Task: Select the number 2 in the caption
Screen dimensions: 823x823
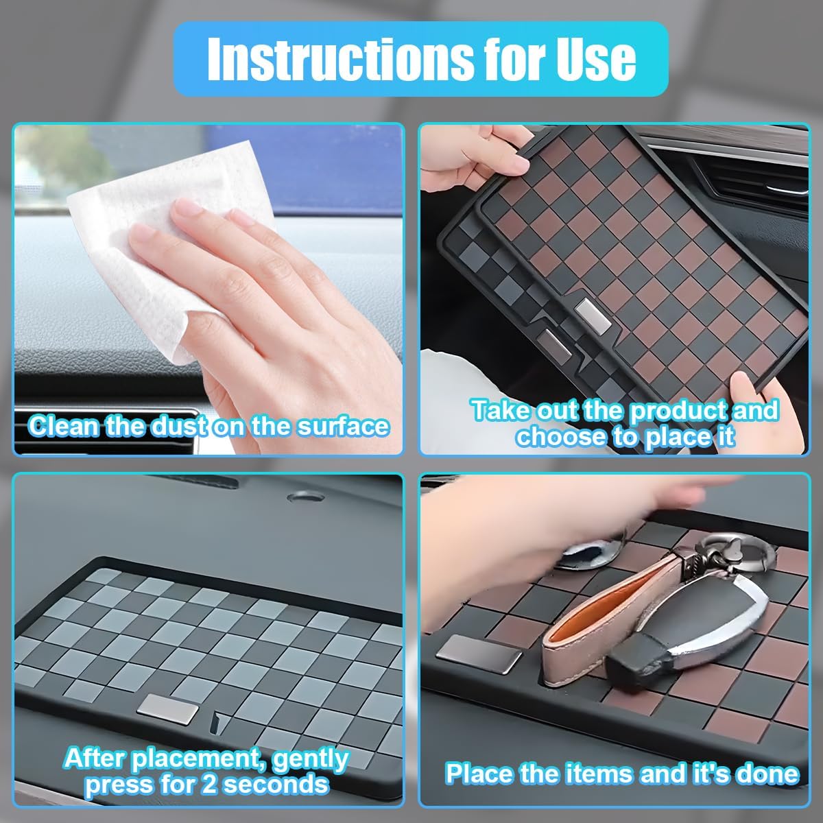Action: [x=209, y=784]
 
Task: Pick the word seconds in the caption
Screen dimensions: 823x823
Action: [x=276, y=784]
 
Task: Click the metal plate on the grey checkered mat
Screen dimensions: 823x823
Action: [x=168, y=709]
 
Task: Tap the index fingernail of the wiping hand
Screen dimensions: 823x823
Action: [x=188, y=208]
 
